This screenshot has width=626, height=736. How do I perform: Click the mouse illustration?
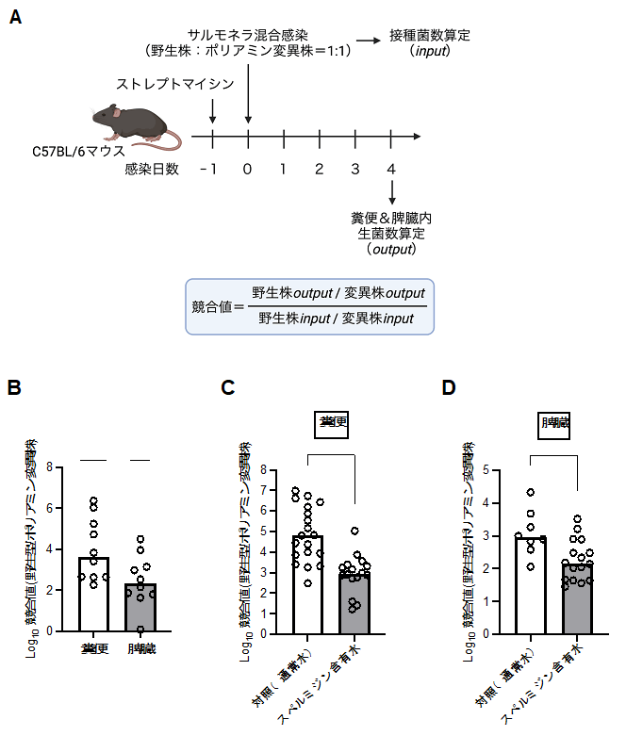(137, 126)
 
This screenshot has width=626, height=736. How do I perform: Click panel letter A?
(15, 18)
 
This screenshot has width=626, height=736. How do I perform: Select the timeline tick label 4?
(391, 169)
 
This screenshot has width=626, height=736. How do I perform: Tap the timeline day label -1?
(209, 169)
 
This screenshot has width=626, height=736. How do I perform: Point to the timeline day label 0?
(248, 169)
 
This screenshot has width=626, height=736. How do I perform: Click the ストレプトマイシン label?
(174, 85)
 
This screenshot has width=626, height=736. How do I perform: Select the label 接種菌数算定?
(430, 36)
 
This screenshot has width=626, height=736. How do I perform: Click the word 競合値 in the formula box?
(212, 306)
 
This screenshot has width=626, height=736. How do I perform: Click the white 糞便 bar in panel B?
(92, 594)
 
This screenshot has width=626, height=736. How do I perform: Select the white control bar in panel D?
(531, 584)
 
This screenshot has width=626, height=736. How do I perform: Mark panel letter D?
(449, 387)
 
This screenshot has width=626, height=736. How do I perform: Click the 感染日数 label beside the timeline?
(151, 169)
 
